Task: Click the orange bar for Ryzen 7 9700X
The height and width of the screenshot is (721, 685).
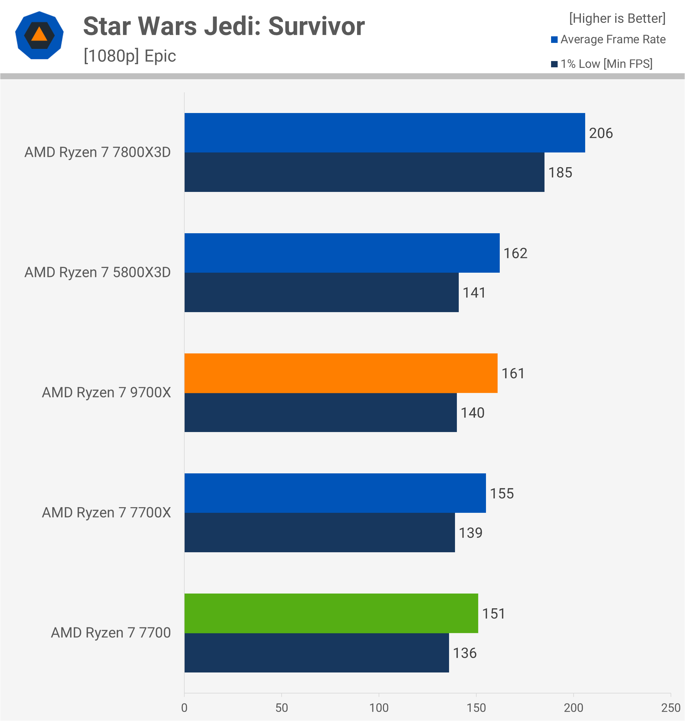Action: tap(341, 373)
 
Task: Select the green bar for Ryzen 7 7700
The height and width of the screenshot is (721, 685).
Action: tap(331, 613)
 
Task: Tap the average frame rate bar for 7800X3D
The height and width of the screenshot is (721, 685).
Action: tap(385, 133)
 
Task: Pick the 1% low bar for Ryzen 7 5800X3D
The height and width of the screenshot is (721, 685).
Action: tap(321, 292)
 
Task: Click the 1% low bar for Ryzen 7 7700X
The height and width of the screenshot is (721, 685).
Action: tap(319, 533)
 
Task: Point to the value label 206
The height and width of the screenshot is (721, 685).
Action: tap(601, 133)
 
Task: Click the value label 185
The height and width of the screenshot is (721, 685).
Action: tap(560, 173)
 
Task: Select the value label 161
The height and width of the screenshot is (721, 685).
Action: tap(513, 373)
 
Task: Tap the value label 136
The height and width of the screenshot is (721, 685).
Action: tap(464, 653)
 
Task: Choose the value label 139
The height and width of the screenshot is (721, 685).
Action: tap(470, 533)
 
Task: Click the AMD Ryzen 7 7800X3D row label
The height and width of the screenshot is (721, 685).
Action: tap(98, 152)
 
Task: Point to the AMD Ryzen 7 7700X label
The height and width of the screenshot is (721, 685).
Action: tap(106, 512)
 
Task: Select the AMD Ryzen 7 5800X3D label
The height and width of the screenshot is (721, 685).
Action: tap(98, 272)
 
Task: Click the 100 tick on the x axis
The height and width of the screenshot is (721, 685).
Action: tap(379, 708)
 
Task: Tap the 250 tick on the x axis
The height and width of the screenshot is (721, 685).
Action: tap(670, 708)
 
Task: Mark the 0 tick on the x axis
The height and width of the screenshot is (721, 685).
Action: tap(184, 708)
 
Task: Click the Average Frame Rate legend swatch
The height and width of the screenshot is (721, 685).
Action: tap(554, 39)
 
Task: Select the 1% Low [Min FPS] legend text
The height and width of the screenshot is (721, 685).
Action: tap(606, 64)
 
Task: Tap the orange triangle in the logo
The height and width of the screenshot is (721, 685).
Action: tap(39, 35)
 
